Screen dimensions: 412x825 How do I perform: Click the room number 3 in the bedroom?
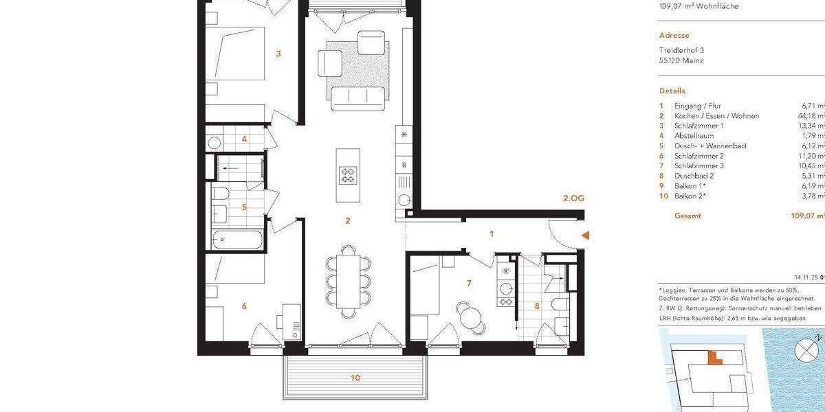click(x=278, y=53)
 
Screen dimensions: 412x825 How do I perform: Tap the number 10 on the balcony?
click(x=355, y=378)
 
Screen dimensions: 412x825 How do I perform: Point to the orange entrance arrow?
click(x=585, y=236)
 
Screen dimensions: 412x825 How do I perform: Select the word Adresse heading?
click(x=674, y=36)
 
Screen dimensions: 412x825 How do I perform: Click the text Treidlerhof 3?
click(x=681, y=50)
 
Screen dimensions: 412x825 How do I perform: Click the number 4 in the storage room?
click(x=243, y=139)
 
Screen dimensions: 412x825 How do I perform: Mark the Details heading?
click(x=672, y=91)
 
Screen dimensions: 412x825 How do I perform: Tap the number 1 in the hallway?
click(x=492, y=233)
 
